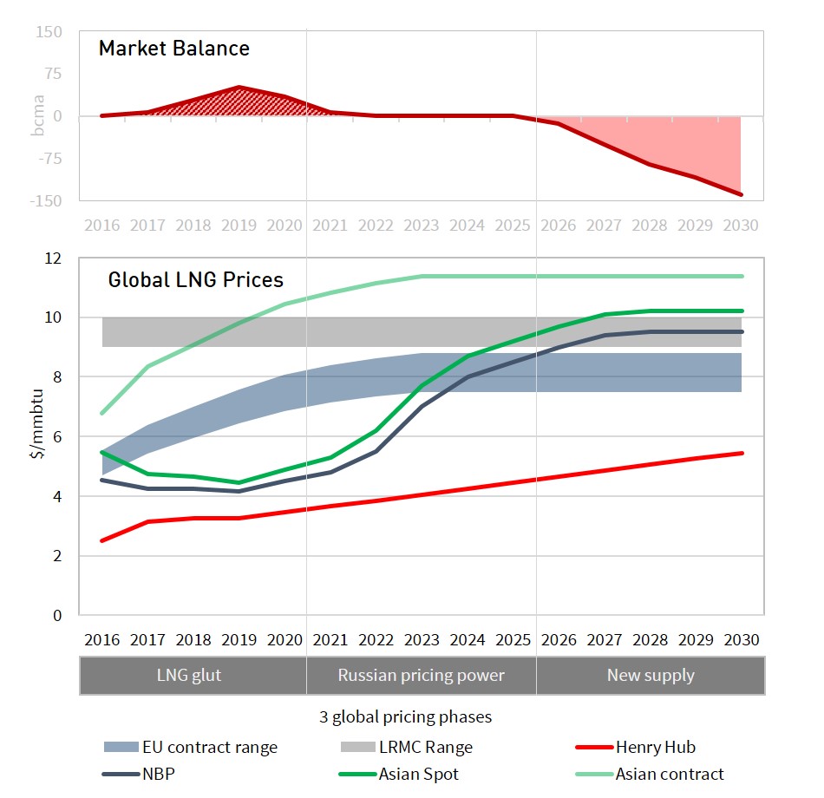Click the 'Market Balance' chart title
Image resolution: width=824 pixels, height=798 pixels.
pyautogui.click(x=173, y=49)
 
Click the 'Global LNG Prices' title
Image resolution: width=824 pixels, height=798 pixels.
pyautogui.click(x=195, y=280)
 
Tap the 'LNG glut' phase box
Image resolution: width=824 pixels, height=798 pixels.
pyautogui.click(x=193, y=675)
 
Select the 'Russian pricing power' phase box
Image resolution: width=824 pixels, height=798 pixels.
pyautogui.click(x=421, y=675)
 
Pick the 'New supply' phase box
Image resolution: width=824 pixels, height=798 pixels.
pyautogui.click(x=651, y=675)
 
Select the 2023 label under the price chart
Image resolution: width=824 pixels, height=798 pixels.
pyautogui.click(x=422, y=640)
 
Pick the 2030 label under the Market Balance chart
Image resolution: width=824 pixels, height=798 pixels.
pyautogui.click(x=741, y=226)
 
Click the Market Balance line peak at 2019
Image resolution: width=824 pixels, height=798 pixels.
pyautogui.click(x=239, y=87)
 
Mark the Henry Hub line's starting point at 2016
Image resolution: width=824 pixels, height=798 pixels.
pyautogui.click(x=102, y=540)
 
